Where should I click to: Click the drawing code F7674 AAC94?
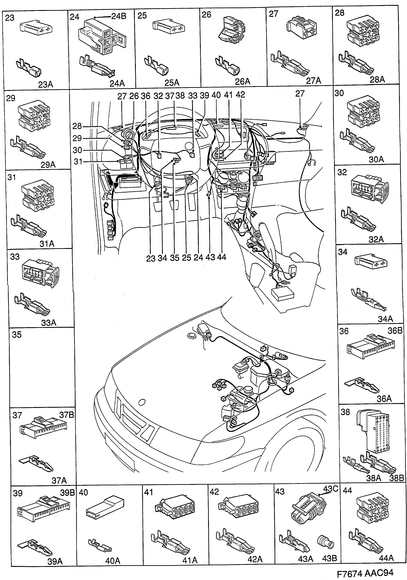pos(365,572)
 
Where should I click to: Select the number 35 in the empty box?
pos(17,335)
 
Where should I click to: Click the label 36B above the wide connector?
pos(395,331)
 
